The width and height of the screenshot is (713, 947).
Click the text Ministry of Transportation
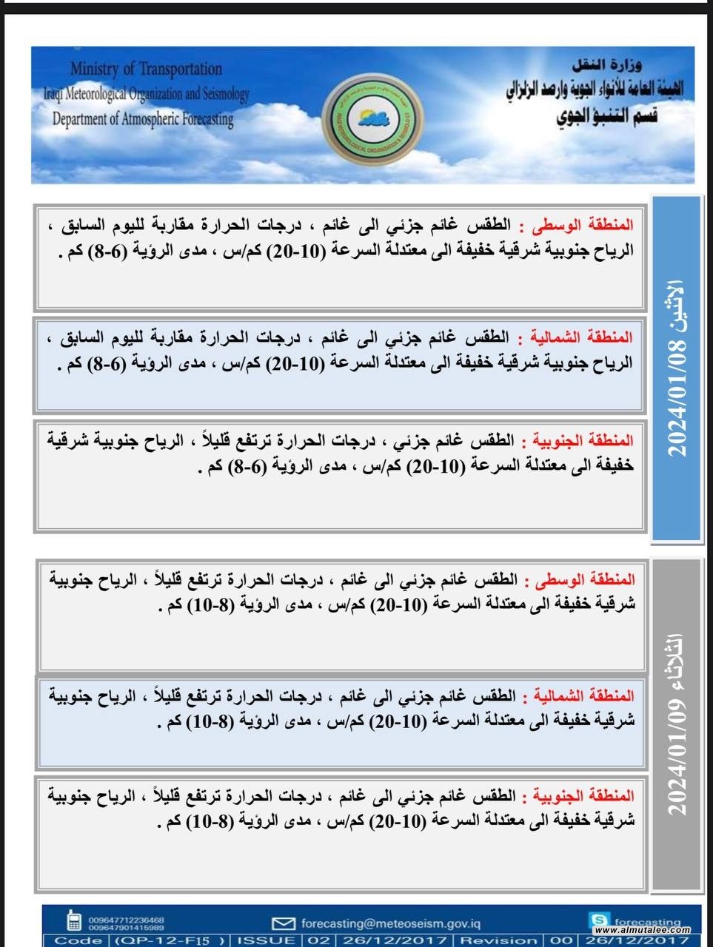point(146,69)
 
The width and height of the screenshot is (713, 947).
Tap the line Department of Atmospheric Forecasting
point(142,118)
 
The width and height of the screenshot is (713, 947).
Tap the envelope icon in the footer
point(283,923)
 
